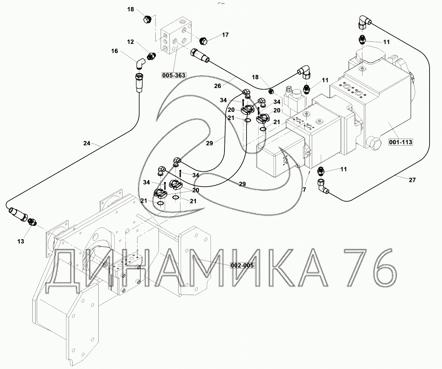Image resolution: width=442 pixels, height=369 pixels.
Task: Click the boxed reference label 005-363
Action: coord(174,75)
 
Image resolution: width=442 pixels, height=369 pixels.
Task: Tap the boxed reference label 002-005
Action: coord(242,265)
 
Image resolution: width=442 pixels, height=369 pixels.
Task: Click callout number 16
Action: coord(115,51)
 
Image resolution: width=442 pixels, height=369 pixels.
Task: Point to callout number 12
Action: coord(131,42)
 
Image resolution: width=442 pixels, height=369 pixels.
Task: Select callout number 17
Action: coord(225,35)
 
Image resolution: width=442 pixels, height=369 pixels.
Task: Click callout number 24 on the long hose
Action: coord(87,143)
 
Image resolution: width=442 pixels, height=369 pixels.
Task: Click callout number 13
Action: coord(21,241)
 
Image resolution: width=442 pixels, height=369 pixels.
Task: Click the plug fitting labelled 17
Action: coord(204,41)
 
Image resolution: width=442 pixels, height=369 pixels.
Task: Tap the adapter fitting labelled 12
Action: coord(151,56)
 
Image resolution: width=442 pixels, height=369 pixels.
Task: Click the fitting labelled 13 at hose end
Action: coord(32,222)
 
